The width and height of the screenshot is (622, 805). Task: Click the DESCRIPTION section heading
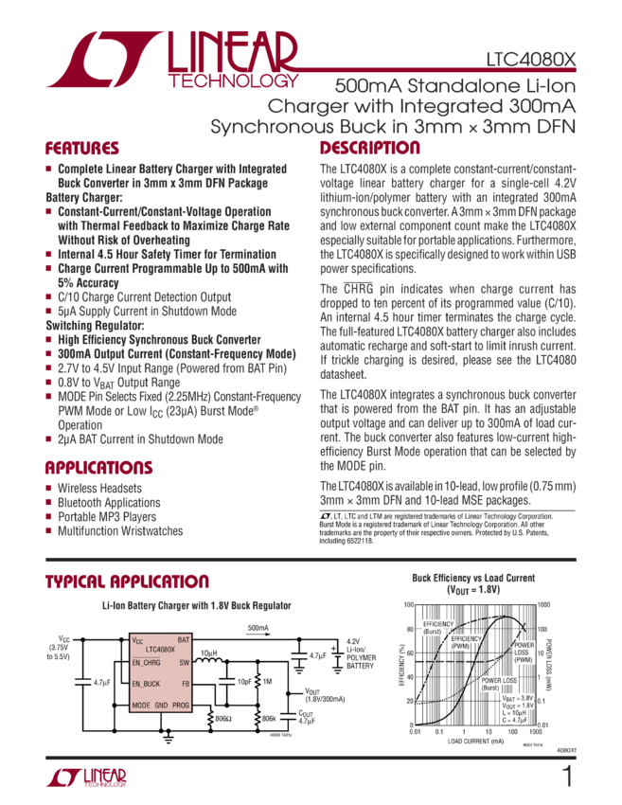(x=369, y=149)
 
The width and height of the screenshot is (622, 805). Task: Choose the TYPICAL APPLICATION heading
(x=126, y=581)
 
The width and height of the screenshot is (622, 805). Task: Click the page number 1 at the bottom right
(x=567, y=778)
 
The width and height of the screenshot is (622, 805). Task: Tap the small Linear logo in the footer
(x=86, y=778)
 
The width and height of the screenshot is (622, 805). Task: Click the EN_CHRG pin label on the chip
(x=147, y=662)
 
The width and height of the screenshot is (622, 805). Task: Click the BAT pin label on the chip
(x=185, y=640)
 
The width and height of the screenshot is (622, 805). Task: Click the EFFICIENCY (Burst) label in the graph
(x=439, y=628)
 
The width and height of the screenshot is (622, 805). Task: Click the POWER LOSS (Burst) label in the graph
(x=498, y=684)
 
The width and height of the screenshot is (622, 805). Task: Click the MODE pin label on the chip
(x=141, y=707)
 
